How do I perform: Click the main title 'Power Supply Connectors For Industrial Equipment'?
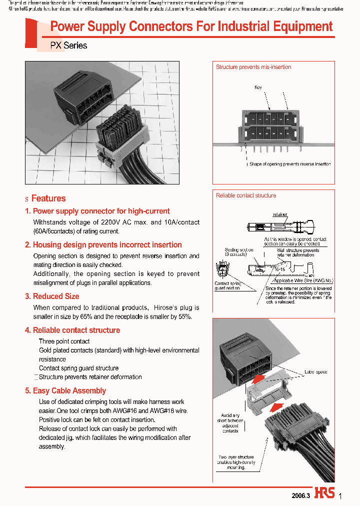click(x=191, y=27)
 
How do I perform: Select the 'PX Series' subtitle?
click(x=68, y=45)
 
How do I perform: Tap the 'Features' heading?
click(x=48, y=198)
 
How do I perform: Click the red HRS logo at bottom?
click(x=324, y=493)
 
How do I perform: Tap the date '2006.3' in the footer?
click(x=301, y=495)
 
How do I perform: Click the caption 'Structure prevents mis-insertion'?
click(x=253, y=67)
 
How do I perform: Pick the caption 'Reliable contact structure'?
click(x=246, y=195)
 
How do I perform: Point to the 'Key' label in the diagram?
click(x=258, y=87)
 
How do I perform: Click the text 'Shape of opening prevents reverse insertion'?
click(x=290, y=164)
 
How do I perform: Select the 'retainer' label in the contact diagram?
click(x=280, y=214)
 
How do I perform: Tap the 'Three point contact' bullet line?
click(x=64, y=341)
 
